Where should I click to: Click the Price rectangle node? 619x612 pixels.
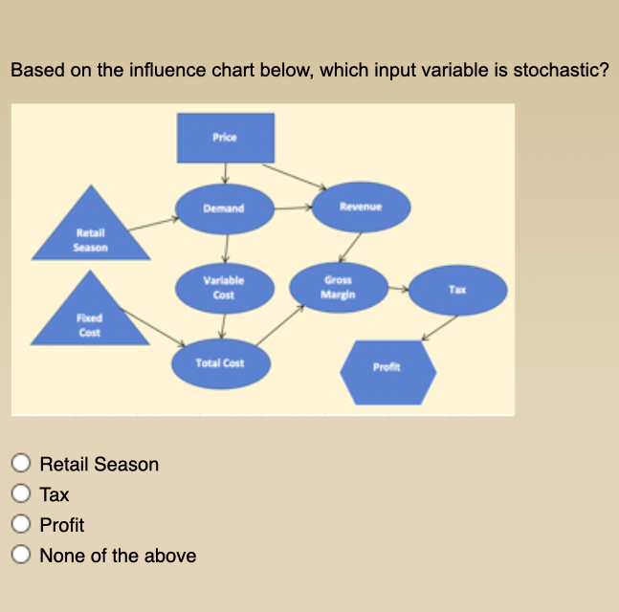click(225, 138)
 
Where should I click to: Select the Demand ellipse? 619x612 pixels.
click(224, 208)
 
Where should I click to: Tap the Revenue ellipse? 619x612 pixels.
click(361, 206)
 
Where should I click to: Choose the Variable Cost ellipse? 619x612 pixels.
click(224, 288)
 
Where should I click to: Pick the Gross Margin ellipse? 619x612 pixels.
click(340, 287)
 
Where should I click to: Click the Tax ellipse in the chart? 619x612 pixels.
click(458, 288)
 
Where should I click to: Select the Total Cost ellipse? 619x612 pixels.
click(220, 363)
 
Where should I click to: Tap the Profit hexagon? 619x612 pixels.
click(387, 367)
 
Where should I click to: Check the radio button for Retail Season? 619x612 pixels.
click(21, 465)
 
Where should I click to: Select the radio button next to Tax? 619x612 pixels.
click(21, 494)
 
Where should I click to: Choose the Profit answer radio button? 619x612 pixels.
click(21, 525)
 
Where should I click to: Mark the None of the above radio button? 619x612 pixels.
click(21, 556)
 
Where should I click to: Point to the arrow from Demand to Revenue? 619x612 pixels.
click(294, 206)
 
